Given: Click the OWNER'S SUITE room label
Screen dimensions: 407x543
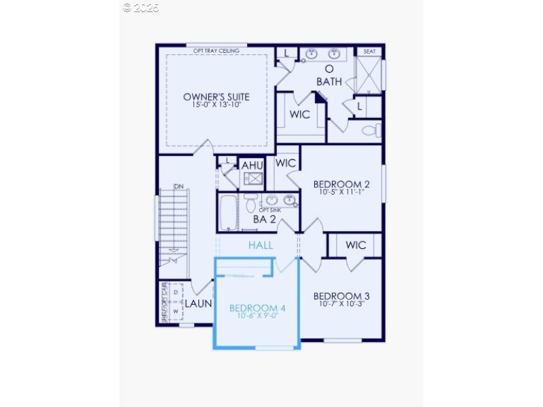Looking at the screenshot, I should point(216,96).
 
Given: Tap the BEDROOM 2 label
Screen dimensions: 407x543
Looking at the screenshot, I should point(341,184).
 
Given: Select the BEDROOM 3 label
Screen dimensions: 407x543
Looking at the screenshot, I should point(341,296).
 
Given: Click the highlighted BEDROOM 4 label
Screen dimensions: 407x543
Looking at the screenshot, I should point(257,308).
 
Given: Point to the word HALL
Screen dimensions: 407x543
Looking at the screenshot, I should point(261,245).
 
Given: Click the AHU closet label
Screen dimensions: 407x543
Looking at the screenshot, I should point(252,165).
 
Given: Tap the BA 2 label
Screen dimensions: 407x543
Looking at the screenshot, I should point(264,219).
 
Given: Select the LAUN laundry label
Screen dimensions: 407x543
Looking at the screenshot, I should point(199,304).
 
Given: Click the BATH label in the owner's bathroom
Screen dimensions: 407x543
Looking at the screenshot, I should point(329,82).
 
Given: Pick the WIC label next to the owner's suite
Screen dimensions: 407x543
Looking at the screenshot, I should point(300,114).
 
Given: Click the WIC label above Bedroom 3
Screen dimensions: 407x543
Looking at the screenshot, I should point(356,245).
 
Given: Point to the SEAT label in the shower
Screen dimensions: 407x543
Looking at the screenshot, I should point(369,52).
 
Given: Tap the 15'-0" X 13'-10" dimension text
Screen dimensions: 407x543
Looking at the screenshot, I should point(216,105).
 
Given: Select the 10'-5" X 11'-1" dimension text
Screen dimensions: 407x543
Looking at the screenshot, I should point(341,192).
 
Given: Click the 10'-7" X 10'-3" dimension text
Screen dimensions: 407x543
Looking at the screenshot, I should point(341,305).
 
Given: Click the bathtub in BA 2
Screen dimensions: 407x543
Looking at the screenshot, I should point(229,213).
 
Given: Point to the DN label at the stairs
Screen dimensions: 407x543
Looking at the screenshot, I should point(179,187).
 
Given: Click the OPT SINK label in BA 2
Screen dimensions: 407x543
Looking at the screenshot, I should point(269,211).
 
